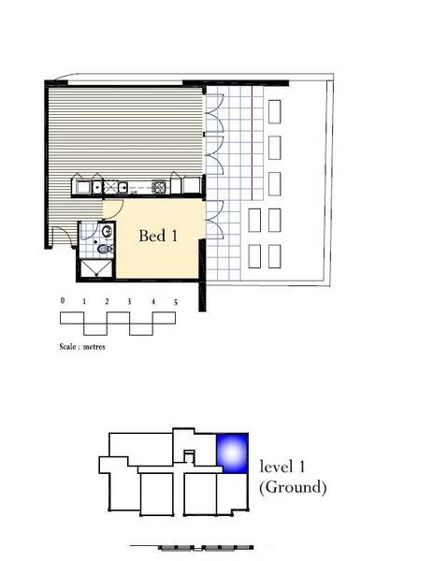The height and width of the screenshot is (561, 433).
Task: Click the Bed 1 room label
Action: point(158,236)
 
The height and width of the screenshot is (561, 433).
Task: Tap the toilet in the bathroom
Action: point(105,249)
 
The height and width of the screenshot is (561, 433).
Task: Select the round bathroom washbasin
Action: point(108,231)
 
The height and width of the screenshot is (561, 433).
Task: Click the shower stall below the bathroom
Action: point(96,268)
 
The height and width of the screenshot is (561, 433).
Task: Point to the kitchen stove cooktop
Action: point(159,186)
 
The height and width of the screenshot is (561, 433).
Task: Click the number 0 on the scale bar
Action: point(63,301)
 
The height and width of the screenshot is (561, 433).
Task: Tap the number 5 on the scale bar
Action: point(176,302)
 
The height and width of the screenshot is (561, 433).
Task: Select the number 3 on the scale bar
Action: point(129,302)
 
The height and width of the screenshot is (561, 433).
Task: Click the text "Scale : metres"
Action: point(82,346)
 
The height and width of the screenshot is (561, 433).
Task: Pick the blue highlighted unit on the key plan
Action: point(232,453)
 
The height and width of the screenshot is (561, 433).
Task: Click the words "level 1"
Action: point(282,467)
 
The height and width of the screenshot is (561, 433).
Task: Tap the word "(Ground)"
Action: point(293,487)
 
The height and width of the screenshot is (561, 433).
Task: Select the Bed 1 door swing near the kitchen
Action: point(119,212)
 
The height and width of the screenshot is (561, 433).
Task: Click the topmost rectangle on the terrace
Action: point(274,111)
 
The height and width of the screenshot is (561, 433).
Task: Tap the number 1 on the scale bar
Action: point(84,301)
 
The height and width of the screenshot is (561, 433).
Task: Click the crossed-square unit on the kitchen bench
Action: point(109,187)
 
